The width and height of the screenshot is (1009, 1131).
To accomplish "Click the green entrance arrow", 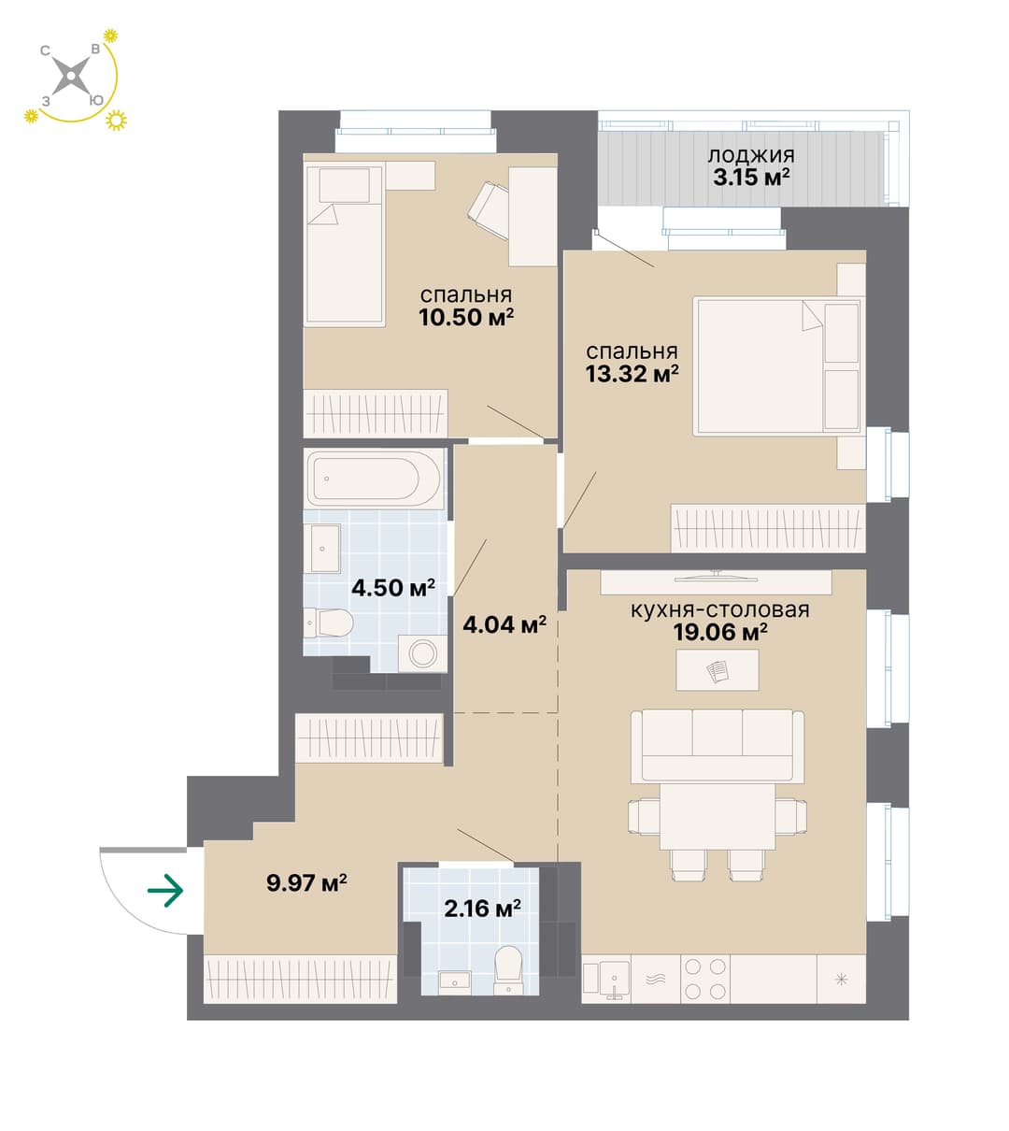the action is [165, 891].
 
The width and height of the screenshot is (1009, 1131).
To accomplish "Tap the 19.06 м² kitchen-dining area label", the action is [720, 632].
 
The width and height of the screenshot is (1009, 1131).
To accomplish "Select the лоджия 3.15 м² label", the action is [751, 167].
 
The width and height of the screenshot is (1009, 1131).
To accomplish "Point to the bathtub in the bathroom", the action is [375, 479].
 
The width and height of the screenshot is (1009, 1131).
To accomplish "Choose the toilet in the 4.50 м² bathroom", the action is [329, 623].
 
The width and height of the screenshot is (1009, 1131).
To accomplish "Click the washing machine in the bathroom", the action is [422, 652].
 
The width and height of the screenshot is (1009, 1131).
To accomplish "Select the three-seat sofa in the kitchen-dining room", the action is [718, 747].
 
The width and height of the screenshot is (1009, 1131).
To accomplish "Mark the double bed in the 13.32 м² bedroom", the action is [777, 366].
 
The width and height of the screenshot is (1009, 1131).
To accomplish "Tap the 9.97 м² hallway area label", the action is [307, 883].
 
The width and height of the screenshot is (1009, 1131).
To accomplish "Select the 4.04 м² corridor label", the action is [504, 624].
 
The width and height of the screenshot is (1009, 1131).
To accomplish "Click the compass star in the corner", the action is [71, 76].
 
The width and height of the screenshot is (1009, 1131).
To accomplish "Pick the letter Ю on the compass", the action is [96, 101].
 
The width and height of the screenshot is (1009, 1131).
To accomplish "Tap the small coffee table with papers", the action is [718, 670].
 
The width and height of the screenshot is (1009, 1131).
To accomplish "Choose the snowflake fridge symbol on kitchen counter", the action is [842, 979].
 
